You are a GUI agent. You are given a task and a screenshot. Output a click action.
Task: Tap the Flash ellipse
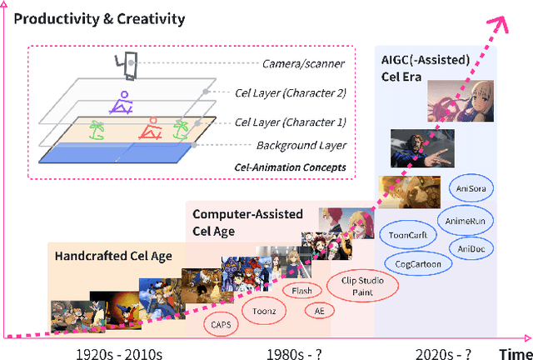point(301,291)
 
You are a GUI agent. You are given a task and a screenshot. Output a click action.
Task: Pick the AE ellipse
point(319,311)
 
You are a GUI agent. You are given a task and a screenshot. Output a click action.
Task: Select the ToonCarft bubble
point(408,235)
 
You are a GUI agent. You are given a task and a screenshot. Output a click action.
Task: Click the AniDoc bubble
point(471,248)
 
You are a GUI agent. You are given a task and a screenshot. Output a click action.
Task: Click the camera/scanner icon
point(127,63)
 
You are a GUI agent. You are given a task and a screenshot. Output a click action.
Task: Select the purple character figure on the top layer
point(122,102)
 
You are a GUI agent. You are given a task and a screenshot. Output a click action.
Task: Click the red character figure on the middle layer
point(151,128)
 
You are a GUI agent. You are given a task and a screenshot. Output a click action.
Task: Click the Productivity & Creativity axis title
point(98,18)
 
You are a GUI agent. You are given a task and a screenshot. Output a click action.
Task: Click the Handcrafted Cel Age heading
point(113,255)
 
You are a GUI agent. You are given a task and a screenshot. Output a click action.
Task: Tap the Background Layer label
point(277,145)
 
